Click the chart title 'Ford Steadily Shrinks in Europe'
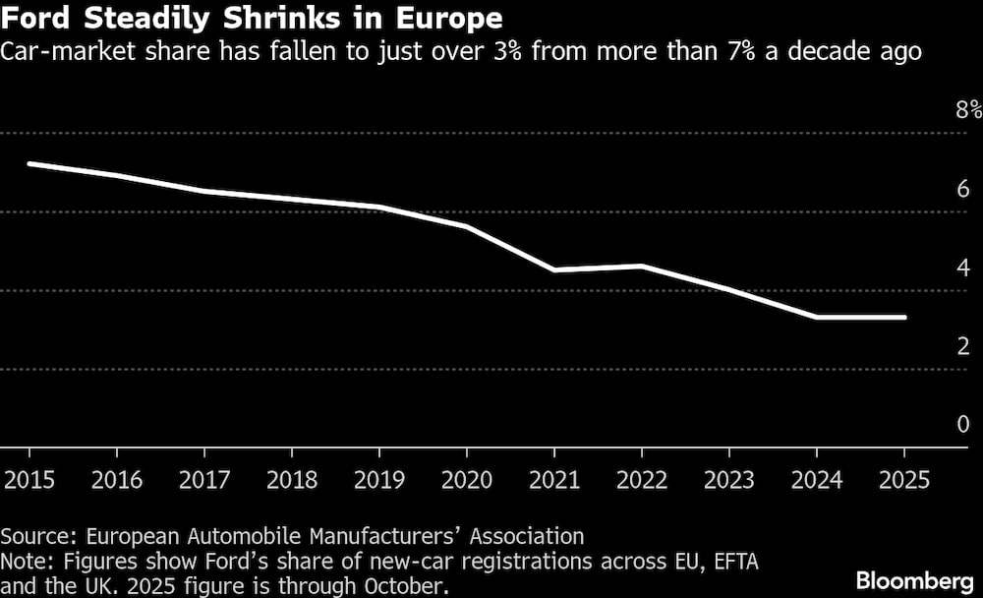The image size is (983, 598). (x=252, y=19)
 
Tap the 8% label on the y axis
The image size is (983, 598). (x=968, y=109)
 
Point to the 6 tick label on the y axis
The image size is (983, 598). (x=963, y=188)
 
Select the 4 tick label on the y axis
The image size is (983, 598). (x=963, y=267)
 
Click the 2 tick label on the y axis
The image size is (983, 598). (x=963, y=345)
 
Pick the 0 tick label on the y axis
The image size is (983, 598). (x=963, y=424)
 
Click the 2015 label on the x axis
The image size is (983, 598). (x=29, y=480)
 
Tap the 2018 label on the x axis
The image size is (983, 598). (x=292, y=480)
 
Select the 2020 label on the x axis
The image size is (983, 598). (x=467, y=480)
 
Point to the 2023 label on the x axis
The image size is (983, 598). (x=729, y=480)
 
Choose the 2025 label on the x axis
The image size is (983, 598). (x=904, y=480)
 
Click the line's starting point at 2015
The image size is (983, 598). (x=29, y=163)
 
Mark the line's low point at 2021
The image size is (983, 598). (x=554, y=269)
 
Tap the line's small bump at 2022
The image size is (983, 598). (x=642, y=266)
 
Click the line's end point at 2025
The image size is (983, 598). (x=904, y=317)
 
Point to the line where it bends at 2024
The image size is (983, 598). (x=817, y=317)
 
